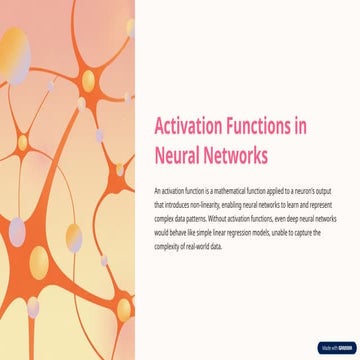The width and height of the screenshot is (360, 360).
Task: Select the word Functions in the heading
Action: click(x=254, y=128)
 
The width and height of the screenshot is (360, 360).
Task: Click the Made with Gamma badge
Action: click(x=336, y=348)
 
